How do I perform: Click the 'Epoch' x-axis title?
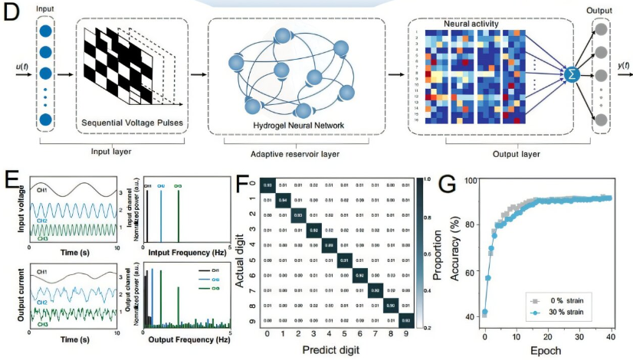click(547, 351)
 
